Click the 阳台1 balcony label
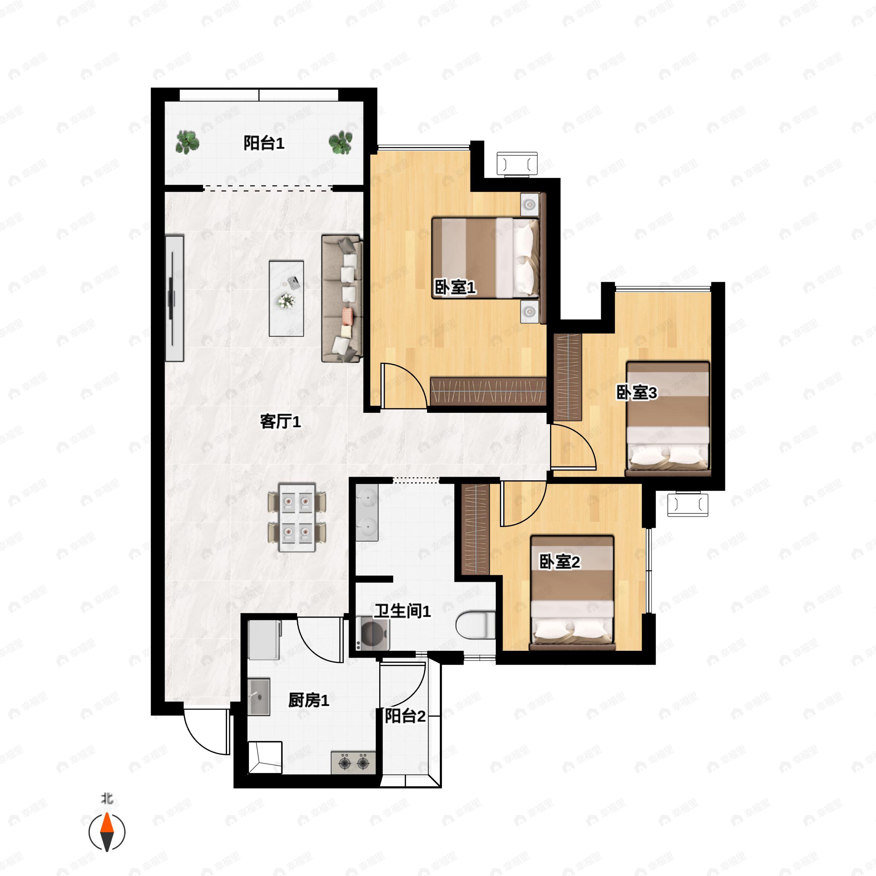coord(264,143)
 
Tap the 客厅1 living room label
coord(280,422)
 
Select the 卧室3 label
coord(637,393)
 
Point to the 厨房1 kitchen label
coord(308,700)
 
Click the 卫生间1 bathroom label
coord(402,611)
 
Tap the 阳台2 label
coord(405,716)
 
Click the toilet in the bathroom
coord(475,625)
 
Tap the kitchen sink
coord(259,697)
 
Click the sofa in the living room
coord(342,298)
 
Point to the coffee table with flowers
coord(286,298)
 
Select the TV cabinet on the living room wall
coord(174,298)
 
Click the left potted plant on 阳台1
coord(187,142)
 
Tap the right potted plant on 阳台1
coord(340,142)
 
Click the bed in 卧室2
coord(572,593)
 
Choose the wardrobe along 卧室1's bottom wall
coord(488,391)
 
